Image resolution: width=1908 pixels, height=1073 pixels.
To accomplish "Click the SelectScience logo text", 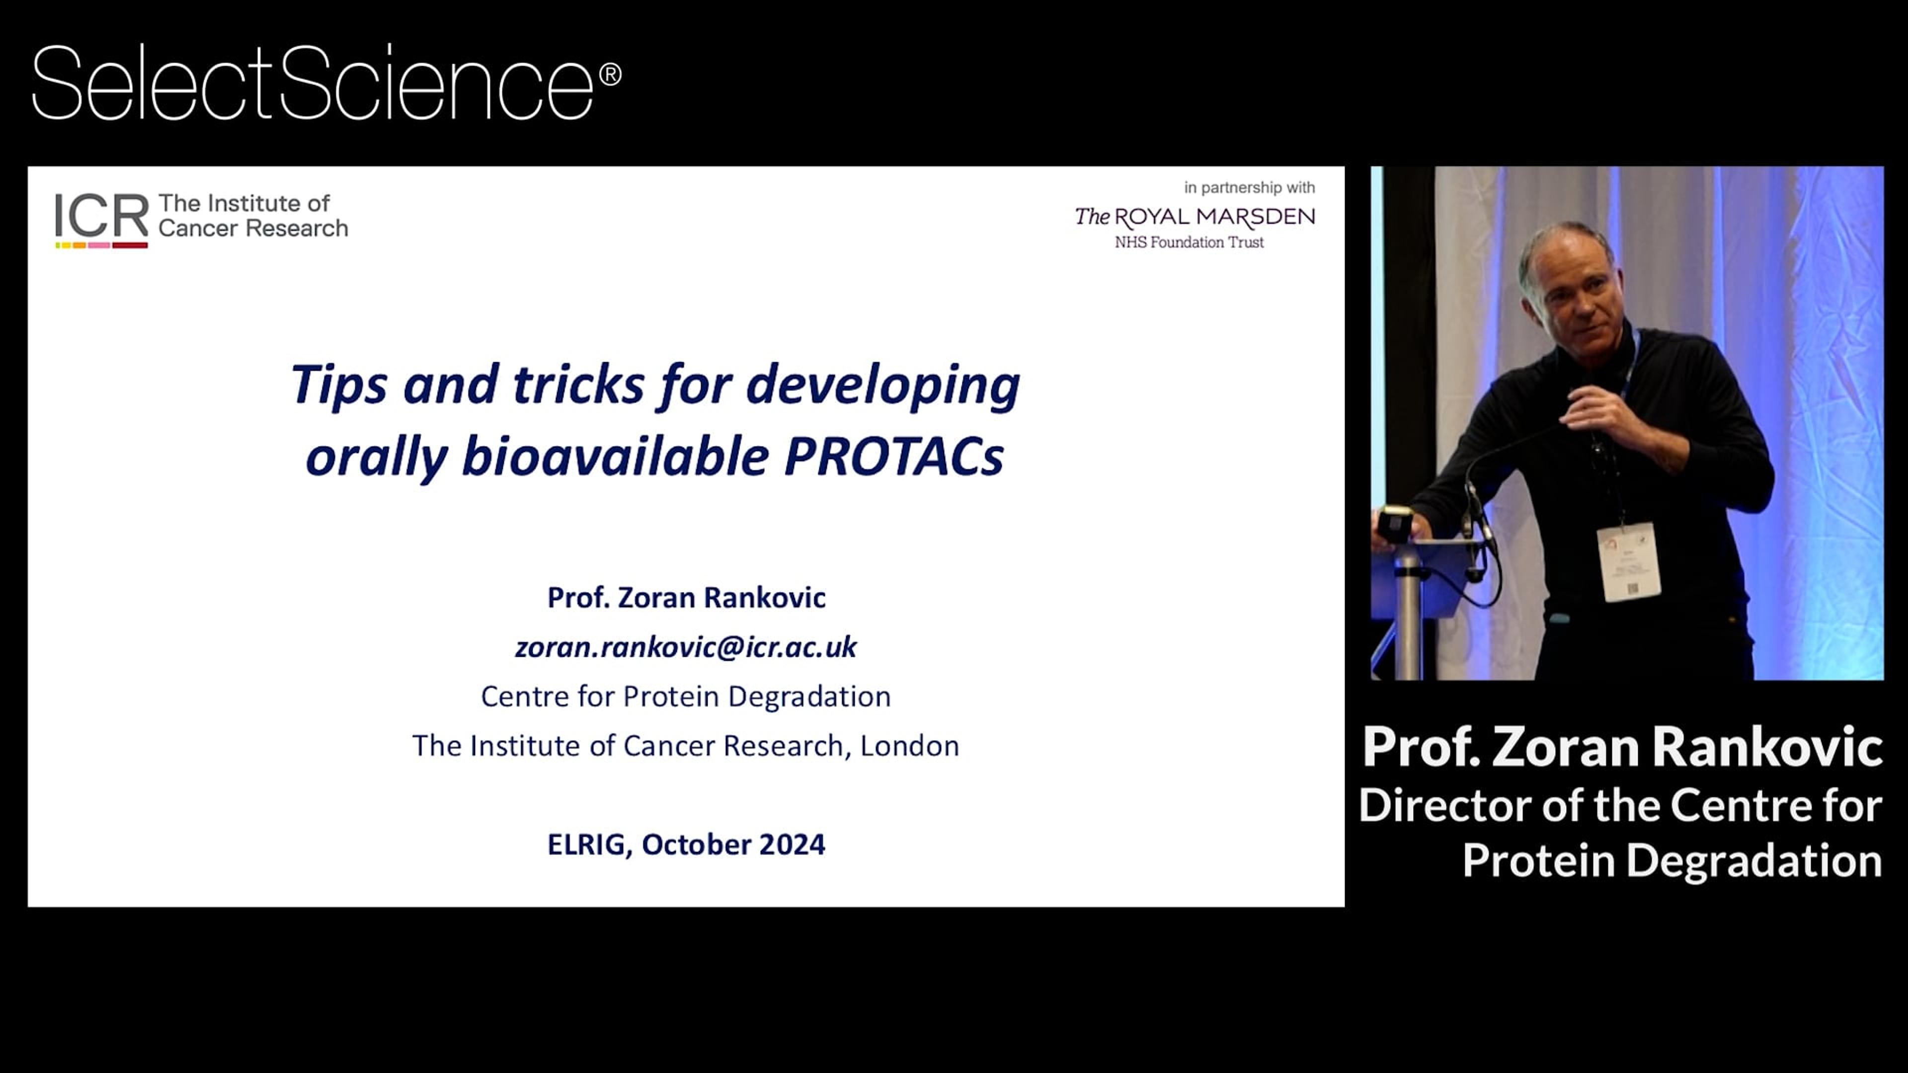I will click(311, 83).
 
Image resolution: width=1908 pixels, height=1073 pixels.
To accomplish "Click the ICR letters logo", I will click(101, 217).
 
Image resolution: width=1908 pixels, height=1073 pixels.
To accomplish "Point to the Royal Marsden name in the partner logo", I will click(1194, 217).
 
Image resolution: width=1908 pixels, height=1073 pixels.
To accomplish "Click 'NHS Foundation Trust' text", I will click(1189, 242).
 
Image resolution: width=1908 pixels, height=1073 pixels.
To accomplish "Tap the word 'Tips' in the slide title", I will click(338, 385).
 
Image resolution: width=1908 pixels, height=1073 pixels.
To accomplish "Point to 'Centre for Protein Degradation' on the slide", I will click(686, 696).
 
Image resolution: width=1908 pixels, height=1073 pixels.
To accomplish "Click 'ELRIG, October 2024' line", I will click(686, 844).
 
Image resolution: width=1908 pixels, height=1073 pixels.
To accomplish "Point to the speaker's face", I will click(1570, 296).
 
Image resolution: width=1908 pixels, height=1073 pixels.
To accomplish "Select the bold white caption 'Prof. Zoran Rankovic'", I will click(1622, 747).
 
